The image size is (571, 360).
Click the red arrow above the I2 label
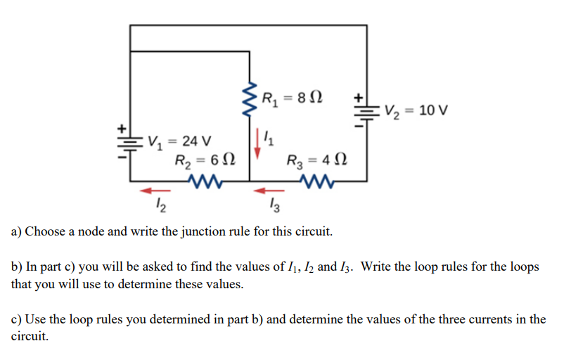coord(156,189)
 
